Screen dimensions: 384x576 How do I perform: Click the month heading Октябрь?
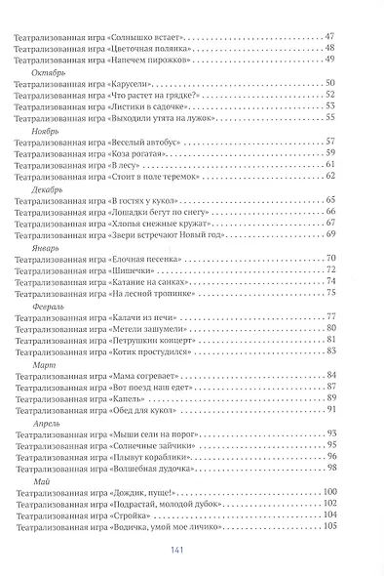50,73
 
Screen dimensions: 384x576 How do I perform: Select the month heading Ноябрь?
48,129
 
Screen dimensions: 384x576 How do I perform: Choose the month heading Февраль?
50,304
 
